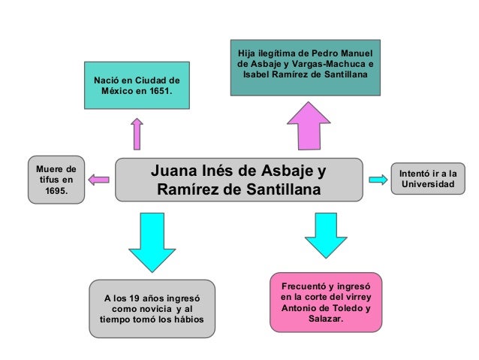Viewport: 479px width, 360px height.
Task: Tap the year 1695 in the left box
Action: [56, 192]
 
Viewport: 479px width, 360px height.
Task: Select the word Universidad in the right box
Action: [427, 183]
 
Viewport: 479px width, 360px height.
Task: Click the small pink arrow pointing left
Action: [98, 180]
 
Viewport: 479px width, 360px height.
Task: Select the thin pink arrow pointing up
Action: [137, 133]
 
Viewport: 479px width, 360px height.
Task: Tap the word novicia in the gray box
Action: [151, 310]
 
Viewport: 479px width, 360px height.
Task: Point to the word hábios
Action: [187, 321]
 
